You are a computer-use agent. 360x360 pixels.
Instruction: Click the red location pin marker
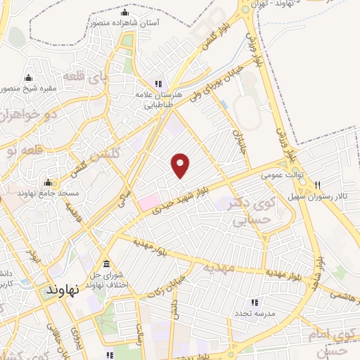tap(181, 165)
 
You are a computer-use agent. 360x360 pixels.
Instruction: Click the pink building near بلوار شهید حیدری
tap(149, 202)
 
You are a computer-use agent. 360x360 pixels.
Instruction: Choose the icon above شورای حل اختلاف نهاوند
tap(106, 264)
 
